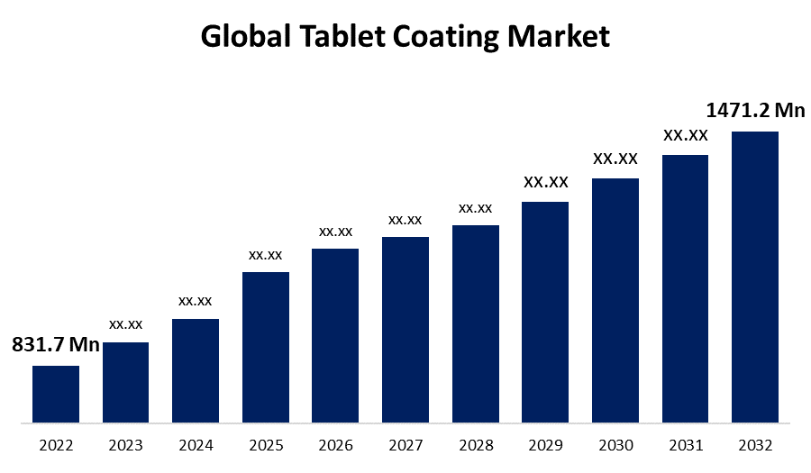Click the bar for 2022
56,394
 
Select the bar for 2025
266,347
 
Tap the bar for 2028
476,323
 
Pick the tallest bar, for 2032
755,277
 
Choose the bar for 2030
615,300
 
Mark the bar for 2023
126,382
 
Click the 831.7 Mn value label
56,345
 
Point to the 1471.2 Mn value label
755,111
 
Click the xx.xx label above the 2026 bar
335,232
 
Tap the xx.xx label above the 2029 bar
546,182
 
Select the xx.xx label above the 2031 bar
686,136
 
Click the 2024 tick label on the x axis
196,445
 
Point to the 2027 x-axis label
405,445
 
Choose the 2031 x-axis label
686,445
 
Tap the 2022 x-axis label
56,445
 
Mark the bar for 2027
405,330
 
